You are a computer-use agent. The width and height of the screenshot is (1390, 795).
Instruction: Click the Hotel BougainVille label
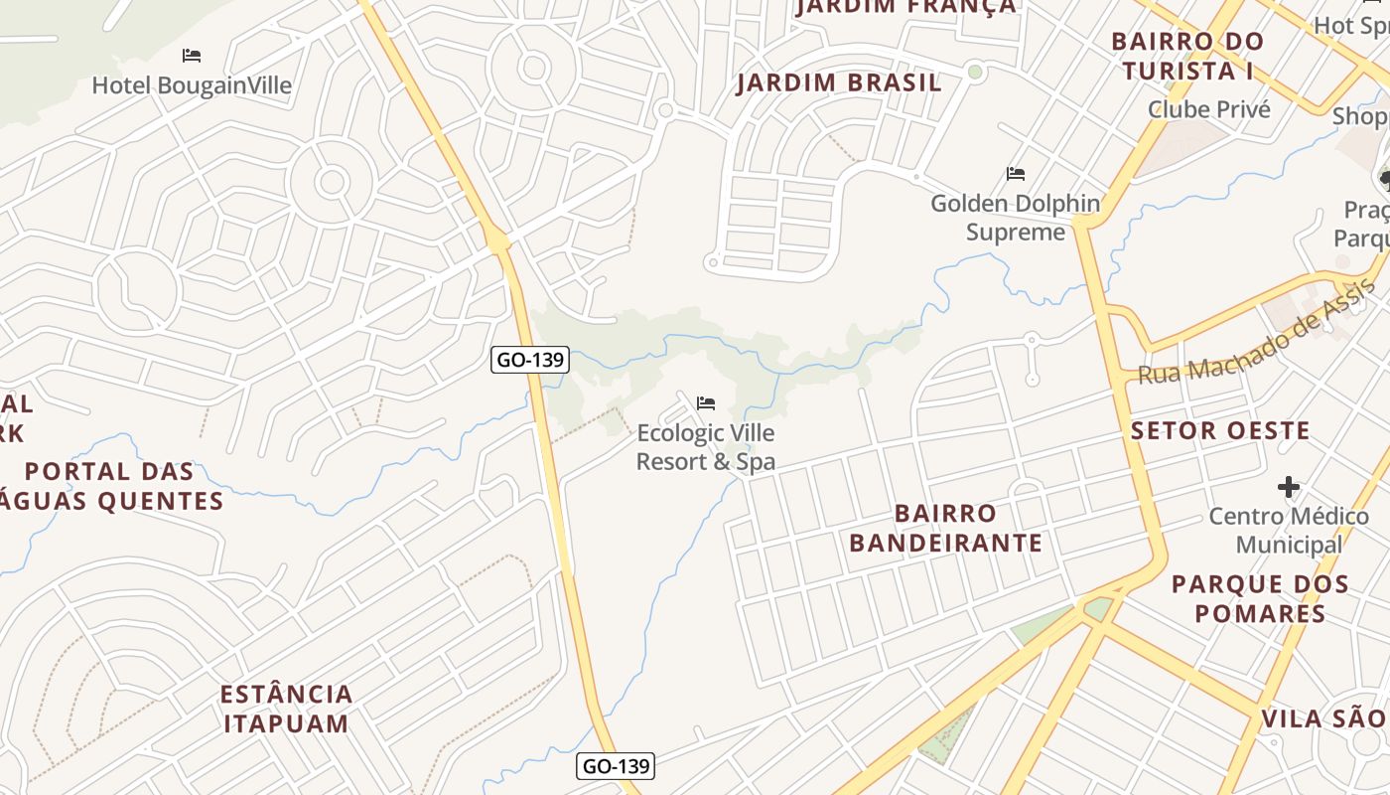pyautogui.click(x=192, y=85)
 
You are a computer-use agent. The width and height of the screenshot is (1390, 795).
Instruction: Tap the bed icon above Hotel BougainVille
pyautogui.click(x=192, y=56)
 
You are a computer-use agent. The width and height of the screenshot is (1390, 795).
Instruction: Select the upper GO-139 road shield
pyautogui.click(x=530, y=360)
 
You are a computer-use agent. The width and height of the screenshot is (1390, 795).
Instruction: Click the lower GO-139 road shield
pyautogui.click(x=616, y=766)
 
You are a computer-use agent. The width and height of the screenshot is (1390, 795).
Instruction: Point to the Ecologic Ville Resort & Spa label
pyautogui.click(x=705, y=447)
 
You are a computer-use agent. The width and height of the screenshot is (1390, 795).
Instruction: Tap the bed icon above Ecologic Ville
pyautogui.click(x=706, y=402)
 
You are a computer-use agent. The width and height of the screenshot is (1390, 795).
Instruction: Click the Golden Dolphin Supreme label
pyautogui.click(x=1015, y=218)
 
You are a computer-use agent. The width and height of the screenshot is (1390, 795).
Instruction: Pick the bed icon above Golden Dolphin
pyautogui.click(x=1015, y=174)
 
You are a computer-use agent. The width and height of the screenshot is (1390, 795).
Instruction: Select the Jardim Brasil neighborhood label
pyautogui.click(x=838, y=83)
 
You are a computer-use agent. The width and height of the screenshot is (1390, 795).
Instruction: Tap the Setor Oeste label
pyautogui.click(x=1220, y=431)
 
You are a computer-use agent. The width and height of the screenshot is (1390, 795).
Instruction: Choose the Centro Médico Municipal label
pyautogui.click(x=1289, y=531)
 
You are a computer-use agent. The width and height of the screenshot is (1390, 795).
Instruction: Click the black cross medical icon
pyautogui.click(x=1289, y=487)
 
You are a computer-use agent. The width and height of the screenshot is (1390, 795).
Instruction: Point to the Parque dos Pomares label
pyautogui.click(x=1260, y=598)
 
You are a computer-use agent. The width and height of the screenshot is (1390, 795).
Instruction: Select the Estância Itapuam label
pyautogui.click(x=286, y=708)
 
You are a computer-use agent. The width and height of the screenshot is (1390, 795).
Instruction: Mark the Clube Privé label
pyautogui.click(x=1208, y=109)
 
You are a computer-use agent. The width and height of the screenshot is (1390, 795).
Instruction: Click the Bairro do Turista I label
pyautogui.click(x=1187, y=57)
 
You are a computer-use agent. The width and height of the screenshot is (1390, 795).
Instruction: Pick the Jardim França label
pyautogui.click(x=905, y=7)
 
